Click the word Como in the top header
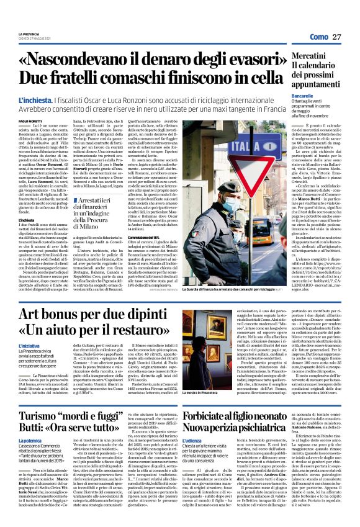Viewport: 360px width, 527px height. click(318, 37)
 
